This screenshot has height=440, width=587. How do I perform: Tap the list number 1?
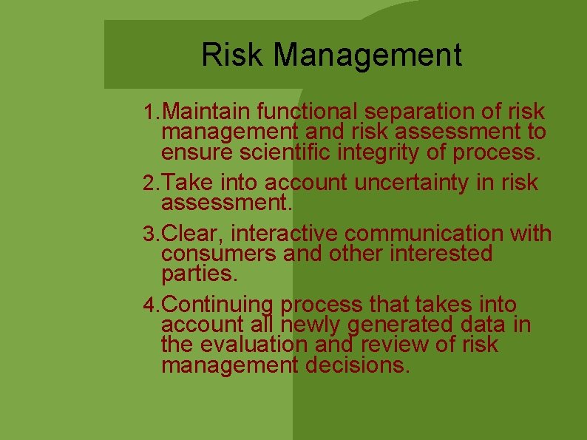pos(151,112)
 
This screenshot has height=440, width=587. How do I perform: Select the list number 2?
pos(151,183)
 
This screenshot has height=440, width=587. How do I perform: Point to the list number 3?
pos(151,234)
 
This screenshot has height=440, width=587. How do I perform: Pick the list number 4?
pos(151,305)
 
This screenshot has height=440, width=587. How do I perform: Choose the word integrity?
pos(400,154)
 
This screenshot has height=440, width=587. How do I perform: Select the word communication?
pos(425,234)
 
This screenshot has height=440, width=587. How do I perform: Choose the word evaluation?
pos(254,345)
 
